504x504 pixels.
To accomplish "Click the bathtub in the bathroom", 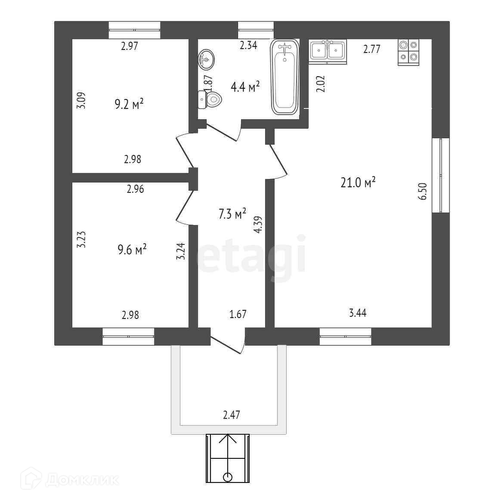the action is [284, 77].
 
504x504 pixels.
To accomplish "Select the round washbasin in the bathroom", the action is [207, 59].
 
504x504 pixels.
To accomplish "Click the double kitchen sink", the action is [328, 51].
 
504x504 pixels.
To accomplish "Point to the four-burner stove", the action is [408, 52].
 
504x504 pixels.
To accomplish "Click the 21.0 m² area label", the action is [358, 183].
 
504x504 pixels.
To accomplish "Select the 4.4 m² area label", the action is [245, 87].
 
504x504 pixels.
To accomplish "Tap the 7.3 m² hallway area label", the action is [232, 214].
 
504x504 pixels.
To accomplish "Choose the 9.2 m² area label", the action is [129, 105].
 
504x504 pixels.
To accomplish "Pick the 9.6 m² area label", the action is [132, 250].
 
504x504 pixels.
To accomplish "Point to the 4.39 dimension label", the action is [258, 224].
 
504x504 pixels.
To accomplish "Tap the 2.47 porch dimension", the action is [232, 415].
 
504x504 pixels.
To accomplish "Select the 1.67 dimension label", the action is [238, 314].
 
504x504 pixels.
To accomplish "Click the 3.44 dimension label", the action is [358, 313].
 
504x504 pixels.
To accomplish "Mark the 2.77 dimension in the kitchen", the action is [371, 49].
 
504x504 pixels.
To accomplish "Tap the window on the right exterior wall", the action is [440, 175].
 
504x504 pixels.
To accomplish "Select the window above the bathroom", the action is [256, 30].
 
